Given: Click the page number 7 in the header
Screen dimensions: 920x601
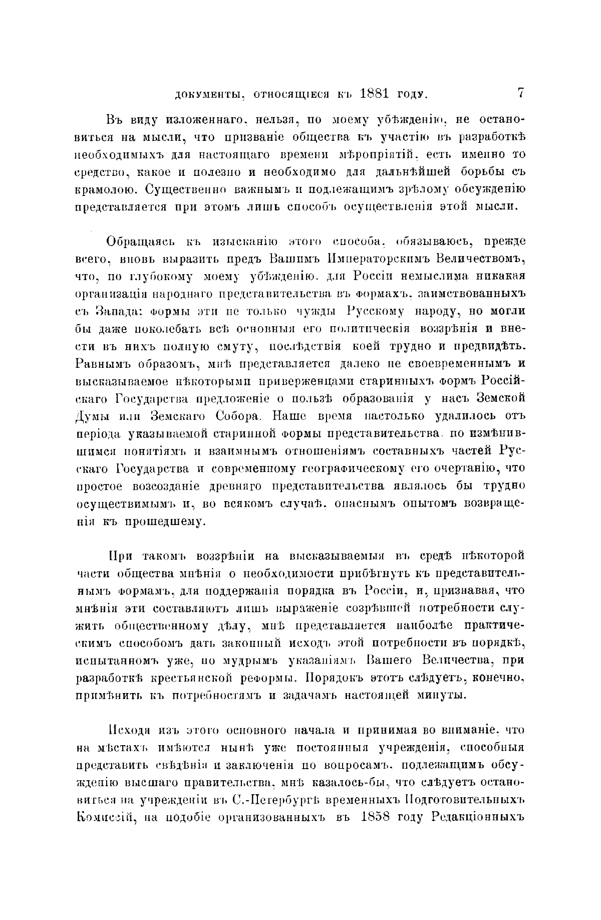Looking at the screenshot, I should click(x=521, y=93).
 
